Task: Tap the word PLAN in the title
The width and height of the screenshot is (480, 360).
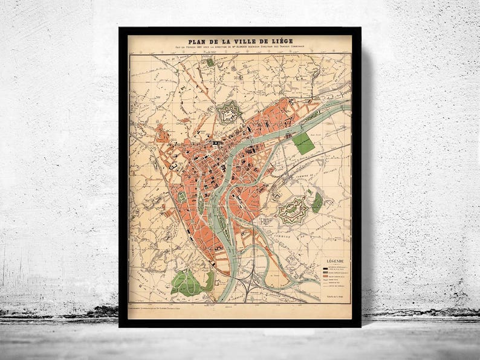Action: [x=199, y=42]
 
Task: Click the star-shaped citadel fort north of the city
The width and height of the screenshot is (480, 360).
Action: [x=229, y=112]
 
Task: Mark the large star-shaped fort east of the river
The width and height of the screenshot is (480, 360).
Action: [x=293, y=210]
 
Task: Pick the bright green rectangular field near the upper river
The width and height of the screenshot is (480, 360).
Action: [x=303, y=143]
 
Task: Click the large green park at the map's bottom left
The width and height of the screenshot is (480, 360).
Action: [x=189, y=281]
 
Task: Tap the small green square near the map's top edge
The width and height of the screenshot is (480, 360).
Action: [x=210, y=62]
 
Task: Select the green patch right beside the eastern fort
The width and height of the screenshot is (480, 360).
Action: [x=317, y=203]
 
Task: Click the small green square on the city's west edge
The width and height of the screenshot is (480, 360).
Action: [x=181, y=197]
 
